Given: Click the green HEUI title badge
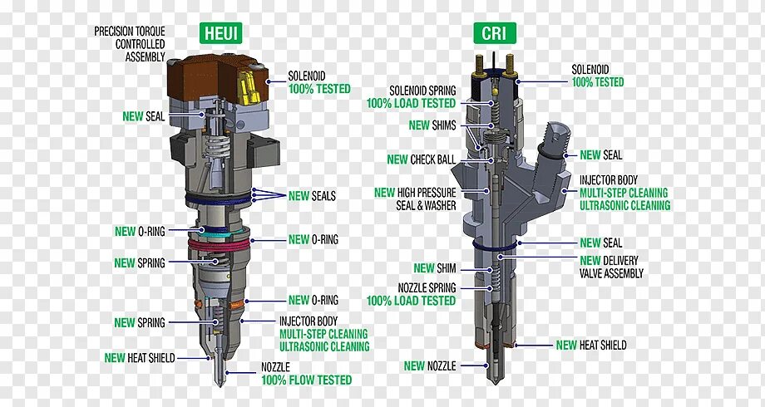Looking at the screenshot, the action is coord(220,33).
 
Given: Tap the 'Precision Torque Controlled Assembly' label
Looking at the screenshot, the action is coord(130,44).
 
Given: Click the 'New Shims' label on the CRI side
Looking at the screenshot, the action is coord(432,125).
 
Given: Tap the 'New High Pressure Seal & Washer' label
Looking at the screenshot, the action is coord(415,199).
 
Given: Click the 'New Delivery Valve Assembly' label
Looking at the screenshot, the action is coord(612,267).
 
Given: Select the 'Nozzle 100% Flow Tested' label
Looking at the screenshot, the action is coord(306,373).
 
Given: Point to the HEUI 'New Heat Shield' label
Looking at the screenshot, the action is coord(140,358).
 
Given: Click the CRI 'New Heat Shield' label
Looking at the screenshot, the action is coord(591,345).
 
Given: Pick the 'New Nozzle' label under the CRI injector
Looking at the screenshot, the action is coord(430,365).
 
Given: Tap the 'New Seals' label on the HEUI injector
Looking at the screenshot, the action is coord(312,196).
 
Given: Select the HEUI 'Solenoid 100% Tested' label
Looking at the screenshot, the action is coord(319,82).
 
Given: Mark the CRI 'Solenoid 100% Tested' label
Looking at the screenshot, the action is coord(597,76).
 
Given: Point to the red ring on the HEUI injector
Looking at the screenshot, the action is coord(219,247).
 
